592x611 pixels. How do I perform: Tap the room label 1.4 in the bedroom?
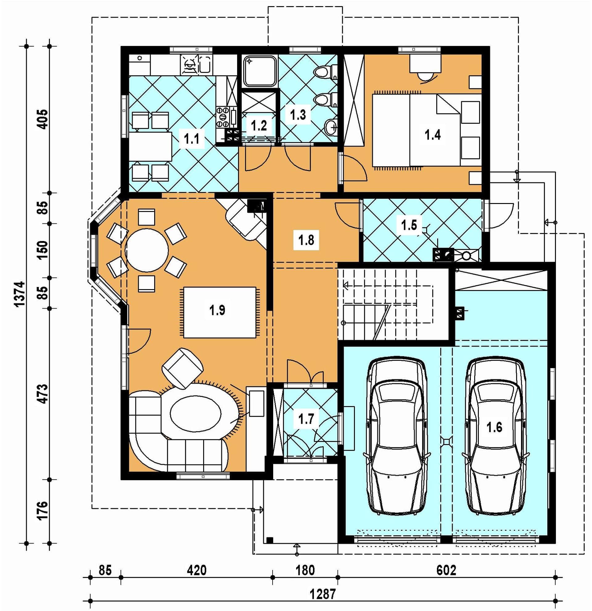pos(433,135)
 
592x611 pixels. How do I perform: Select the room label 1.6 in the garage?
pos(495,427)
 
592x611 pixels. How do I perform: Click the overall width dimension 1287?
pos(323,594)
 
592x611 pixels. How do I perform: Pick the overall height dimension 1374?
pos(19,294)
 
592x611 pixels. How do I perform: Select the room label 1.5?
pos(409,225)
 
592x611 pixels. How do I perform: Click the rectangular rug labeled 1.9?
pos(220,312)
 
